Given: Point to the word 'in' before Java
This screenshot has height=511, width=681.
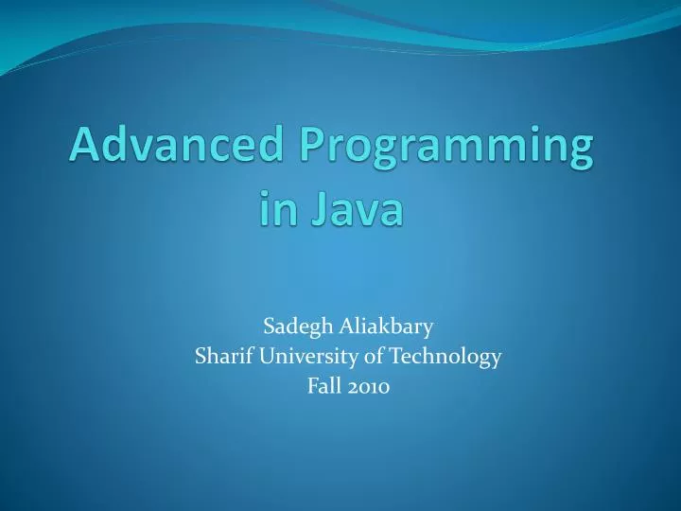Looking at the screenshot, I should (x=278, y=209).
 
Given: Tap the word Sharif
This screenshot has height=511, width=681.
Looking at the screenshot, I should (x=218, y=357).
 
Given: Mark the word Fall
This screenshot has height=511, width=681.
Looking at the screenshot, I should (x=323, y=385).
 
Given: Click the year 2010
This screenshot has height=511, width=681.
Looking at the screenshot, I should (x=369, y=385).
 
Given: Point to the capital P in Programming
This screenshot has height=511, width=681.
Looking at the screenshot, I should (x=312, y=149).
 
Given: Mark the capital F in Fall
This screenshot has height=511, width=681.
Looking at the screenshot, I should (x=312, y=385).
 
